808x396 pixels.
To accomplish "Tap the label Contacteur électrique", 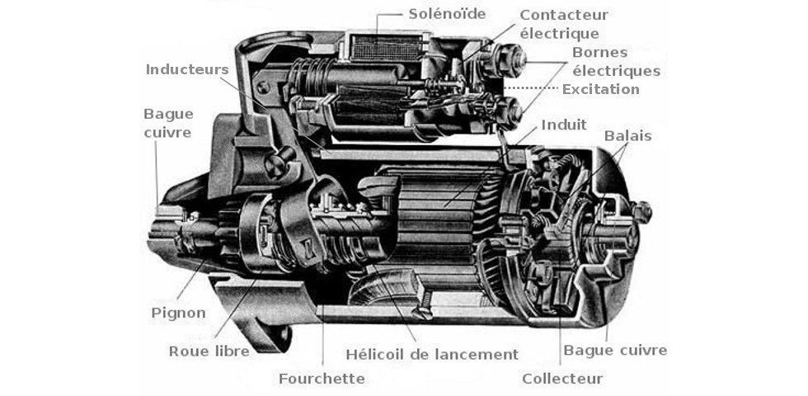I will point(564,25).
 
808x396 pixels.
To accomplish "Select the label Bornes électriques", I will point(616,62).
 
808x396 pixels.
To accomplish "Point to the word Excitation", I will point(600,89).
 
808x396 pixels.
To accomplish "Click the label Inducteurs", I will point(186,69).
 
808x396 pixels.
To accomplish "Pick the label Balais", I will point(627,135).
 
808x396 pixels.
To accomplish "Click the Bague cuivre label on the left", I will point(167,122).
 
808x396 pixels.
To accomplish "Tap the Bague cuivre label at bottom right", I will point(615,351).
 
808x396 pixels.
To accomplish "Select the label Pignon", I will point(179,313).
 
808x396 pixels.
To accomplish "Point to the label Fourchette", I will point(322,379).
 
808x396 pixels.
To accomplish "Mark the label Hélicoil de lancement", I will point(431,354).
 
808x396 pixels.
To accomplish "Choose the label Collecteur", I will point(562,379).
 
